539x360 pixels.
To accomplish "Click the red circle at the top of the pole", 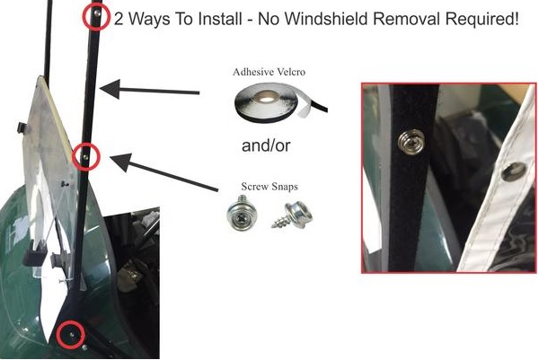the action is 96,4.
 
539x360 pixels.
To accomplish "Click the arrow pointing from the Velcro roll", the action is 149,90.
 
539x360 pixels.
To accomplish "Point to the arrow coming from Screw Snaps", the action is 164,171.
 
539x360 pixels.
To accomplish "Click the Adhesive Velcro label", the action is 269,72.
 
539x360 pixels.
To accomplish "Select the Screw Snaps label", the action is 269,187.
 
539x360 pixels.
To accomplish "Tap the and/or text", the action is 266,145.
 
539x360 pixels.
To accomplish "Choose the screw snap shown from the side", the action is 293,215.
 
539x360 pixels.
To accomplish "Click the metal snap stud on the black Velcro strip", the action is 411,142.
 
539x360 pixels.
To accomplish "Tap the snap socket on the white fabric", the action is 514,171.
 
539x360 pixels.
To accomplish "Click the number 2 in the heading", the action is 119,19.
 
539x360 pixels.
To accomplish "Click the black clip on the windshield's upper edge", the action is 22,127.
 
